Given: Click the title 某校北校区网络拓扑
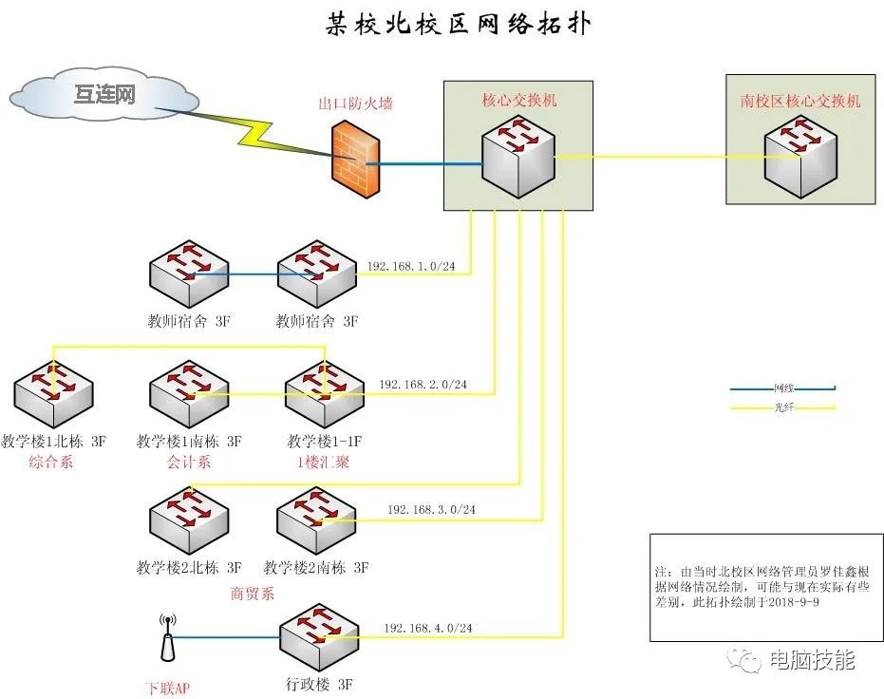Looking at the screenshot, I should coord(458,24).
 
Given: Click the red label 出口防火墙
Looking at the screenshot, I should coord(355,103).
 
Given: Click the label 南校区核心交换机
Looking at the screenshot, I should coord(800,100).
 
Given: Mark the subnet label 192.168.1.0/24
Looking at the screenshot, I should coord(411,267).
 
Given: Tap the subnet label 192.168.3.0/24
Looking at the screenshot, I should coord(431,510).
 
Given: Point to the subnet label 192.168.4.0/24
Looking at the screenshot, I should coord(428,628).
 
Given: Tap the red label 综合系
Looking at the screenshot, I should coord(50,463).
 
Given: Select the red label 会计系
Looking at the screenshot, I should coord(188,463).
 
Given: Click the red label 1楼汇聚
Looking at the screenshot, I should coord(324,463).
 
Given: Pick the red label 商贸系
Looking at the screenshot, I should coord(252,594).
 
